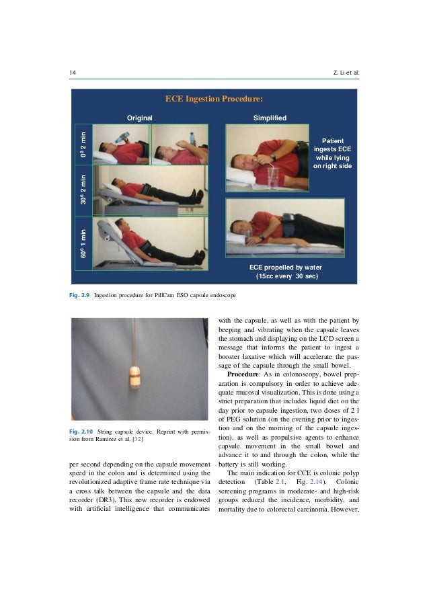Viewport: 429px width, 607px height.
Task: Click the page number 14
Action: [73, 72]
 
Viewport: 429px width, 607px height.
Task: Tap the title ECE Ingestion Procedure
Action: [214, 100]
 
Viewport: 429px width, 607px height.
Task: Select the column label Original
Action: [140, 118]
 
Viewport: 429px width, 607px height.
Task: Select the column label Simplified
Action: [270, 118]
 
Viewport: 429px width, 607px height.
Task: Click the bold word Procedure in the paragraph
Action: [249, 373]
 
